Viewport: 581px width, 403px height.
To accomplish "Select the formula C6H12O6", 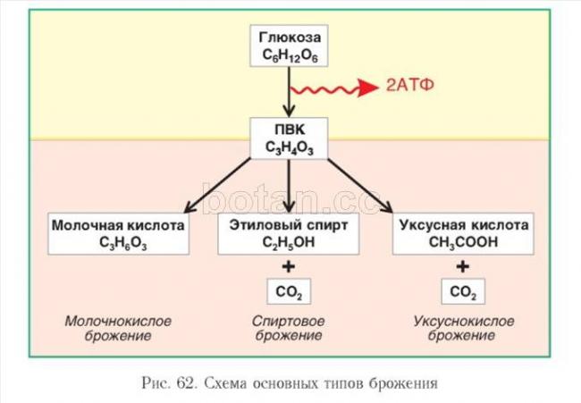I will (x=289, y=56).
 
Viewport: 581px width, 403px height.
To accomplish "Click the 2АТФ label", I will (x=410, y=88).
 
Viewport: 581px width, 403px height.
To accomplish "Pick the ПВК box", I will (x=289, y=138).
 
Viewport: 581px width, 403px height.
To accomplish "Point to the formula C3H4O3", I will (x=289, y=147).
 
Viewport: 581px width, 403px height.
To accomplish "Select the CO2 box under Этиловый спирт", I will (x=288, y=291).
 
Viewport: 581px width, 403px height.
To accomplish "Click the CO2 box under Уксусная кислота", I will (x=462, y=291).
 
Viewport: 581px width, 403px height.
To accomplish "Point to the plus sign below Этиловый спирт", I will (x=288, y=265).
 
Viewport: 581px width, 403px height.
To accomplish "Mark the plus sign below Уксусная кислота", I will (x=462, y=265).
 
